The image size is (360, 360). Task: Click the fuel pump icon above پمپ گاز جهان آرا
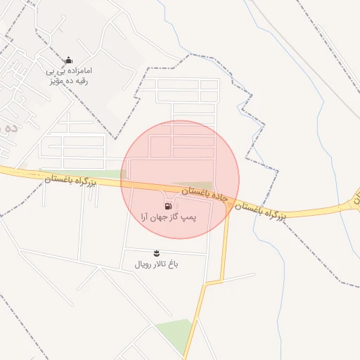167,206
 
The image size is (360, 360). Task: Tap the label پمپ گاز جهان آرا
169,219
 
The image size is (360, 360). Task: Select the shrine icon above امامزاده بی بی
68,60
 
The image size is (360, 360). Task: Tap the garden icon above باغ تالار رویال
156,252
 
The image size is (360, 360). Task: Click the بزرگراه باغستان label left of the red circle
70,181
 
